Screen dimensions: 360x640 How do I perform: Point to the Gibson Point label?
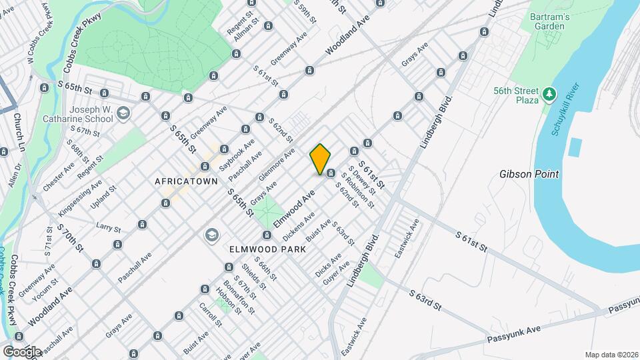pos(529,174)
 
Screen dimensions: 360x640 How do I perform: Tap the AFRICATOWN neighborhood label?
pos(187,181)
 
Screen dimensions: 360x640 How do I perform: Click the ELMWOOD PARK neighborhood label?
pos(267,249)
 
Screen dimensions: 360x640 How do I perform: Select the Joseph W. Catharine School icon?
pos(122,113)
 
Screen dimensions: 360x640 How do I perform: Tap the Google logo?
pos(22,351)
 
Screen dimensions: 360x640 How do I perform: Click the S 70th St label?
pos(69,238)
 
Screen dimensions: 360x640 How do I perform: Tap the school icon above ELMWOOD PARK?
pos(211,235)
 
